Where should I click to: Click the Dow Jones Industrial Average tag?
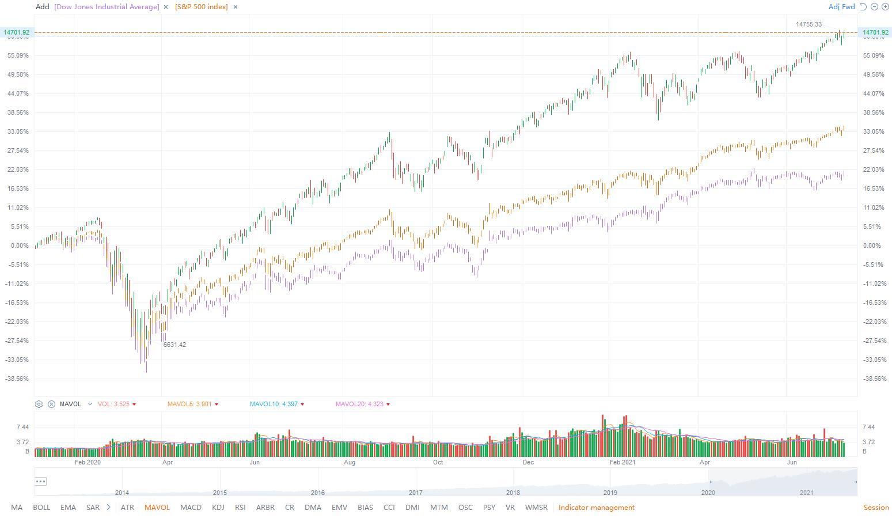[x=107, y=7]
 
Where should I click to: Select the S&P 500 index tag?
[x=202, y=7]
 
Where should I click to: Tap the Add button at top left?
[x=42, y=7]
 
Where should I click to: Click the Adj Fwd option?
[x=841, y=7]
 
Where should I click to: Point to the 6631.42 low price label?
[x=174, y=345]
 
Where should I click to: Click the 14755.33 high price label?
[x=809, y=24]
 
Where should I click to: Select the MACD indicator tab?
[x=191, y=508]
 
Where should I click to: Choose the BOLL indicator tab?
[x=41, y=508]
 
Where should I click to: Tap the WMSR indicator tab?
[x=536, y=508]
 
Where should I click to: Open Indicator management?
[x=596, y=508]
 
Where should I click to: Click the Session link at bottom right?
[x=876, y=508]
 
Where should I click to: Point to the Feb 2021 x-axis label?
[x=622, y=462]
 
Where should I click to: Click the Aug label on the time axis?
[x=350, y=462]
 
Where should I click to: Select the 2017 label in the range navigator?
[x=415, y=493]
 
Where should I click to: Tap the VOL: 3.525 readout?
[x=113, y=404]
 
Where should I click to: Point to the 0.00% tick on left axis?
[x=19, y=245]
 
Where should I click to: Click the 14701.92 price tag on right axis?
[x=875, y=32]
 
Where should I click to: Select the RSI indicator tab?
[x=240, y=508]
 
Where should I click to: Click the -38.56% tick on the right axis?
[x=874, y=379]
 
